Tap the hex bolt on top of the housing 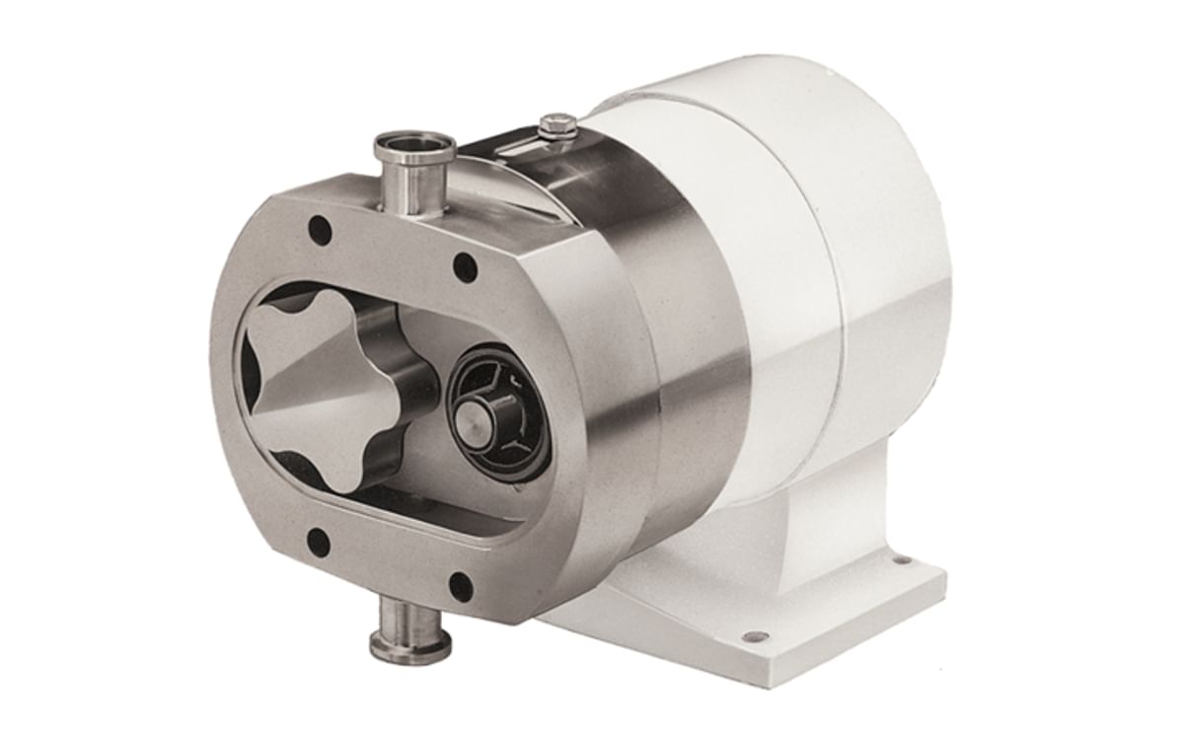[558, 125]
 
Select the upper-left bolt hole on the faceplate [319, 231]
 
